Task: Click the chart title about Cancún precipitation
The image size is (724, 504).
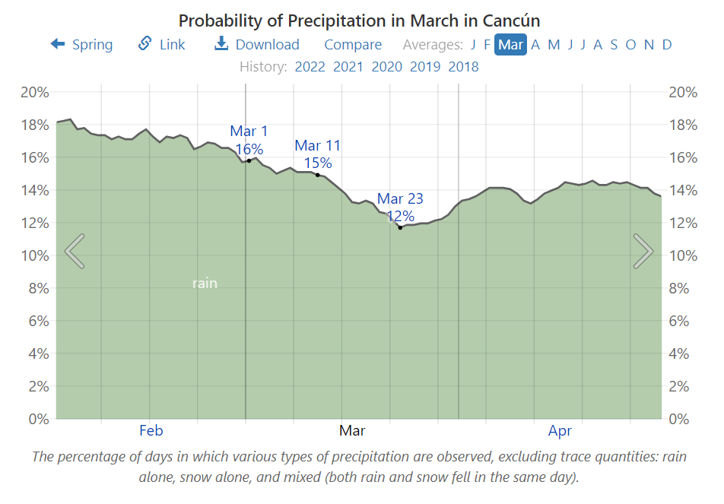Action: [x=360, y=20]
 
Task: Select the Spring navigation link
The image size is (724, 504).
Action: [x=82, y=45]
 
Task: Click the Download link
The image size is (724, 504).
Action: [x=257, y=45]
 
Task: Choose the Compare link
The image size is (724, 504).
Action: [x=353, y=45]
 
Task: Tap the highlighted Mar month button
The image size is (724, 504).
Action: [x=510, y=45]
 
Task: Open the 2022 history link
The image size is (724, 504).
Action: [x=310, y=66]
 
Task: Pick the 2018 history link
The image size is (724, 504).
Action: [x=463, y=66]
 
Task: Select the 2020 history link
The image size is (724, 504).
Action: [x=386, y=66]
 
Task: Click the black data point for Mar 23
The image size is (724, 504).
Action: [x=400, y=227]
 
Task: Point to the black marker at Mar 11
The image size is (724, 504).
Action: [x=318, y=175]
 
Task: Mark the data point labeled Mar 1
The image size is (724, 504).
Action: [x=249, y=160]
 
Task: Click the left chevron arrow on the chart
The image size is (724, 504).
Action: [x=75, y=251]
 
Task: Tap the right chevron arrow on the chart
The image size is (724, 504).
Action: [x=643, y=251]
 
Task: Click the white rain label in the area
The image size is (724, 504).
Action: [x=205, y=284]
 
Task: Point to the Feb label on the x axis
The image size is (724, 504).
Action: [x=151, y=431]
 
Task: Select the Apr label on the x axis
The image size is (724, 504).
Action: [x=560, y=431]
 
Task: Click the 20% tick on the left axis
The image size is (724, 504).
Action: [x=34, y=92]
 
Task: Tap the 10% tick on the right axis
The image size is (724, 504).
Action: [x=683, y=255]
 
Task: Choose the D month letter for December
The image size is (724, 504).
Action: [x=667, y=45]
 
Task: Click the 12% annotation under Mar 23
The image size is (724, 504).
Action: [x=400, y=215]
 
